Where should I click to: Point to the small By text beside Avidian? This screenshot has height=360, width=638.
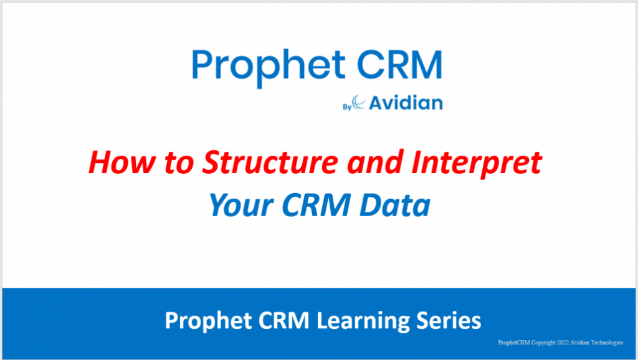pos(347,106)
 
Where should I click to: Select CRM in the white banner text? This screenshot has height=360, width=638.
pos(279,321)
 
